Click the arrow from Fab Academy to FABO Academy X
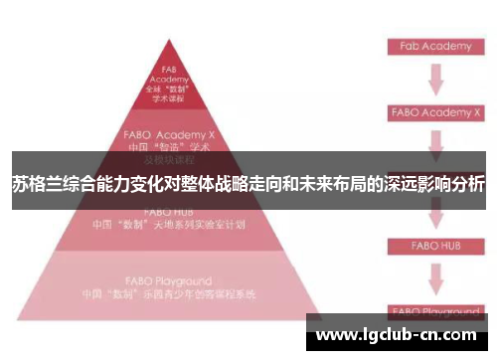(x=434, y=80)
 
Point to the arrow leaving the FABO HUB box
(x=434, y=276)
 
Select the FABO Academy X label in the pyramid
(x=168, y=132)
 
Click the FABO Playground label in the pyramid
(x=168, y=281)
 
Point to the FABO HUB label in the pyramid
(x=168, y=211)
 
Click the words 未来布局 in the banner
(x=321, y=185)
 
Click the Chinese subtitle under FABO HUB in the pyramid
(x=168, y=225)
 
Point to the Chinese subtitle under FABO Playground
(x=168, y=295)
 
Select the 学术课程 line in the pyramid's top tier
(x=168, y=100)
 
